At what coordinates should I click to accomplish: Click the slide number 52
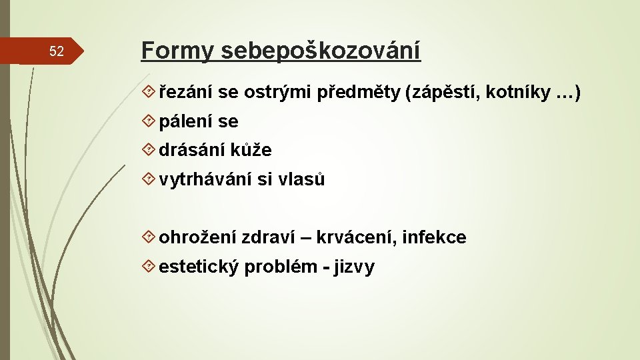pyautogui.click(x=57, y=52)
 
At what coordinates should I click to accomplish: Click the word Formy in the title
pyautogui.click(x=176, y=50)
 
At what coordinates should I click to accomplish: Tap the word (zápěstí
pyautogui.click(x=442, y=94)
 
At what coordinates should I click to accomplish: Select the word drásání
pyautogui.click(x=192, y=151)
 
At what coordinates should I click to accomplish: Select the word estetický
pyautogui.click(x=199, y=267)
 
